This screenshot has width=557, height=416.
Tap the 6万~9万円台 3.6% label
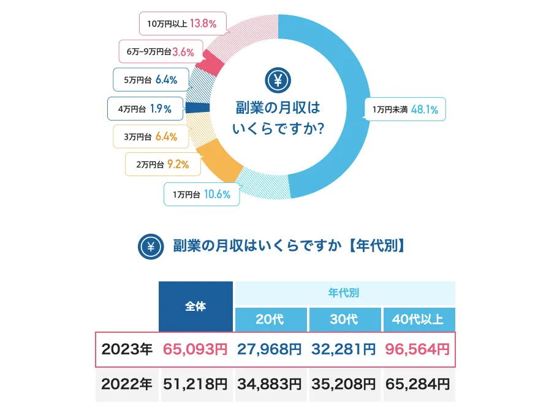pos(160,52)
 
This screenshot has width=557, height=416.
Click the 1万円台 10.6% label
pos(201,195)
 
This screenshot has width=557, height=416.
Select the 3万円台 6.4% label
pos(150,136)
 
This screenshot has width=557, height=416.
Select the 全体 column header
pos(195,306)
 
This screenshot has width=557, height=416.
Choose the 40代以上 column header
pos(419,320)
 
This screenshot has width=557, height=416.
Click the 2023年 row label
pos(127,349)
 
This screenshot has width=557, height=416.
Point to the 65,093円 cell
pos(195,349)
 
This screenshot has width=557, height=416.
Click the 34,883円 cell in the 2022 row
pos(270,385)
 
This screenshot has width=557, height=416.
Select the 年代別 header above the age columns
pos(344,292)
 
